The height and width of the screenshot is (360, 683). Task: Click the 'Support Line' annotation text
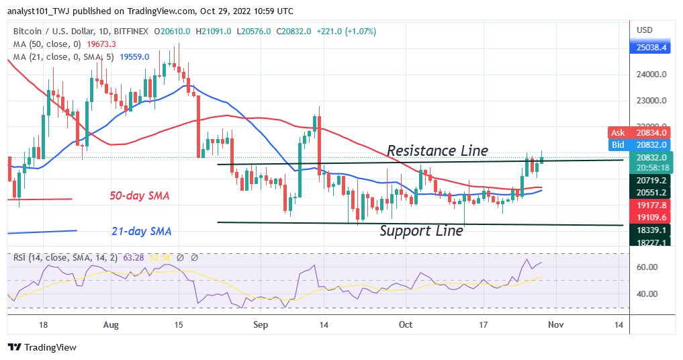421,231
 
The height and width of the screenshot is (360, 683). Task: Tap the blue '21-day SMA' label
141,232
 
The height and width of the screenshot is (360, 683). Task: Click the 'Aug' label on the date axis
111,325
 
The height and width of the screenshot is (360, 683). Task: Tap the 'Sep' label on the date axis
261,325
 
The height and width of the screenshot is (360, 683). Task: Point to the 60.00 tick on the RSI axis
647,267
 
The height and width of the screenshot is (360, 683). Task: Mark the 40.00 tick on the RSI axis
647,294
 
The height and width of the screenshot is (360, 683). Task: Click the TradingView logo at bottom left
42,347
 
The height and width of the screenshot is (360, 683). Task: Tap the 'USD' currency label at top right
645,30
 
